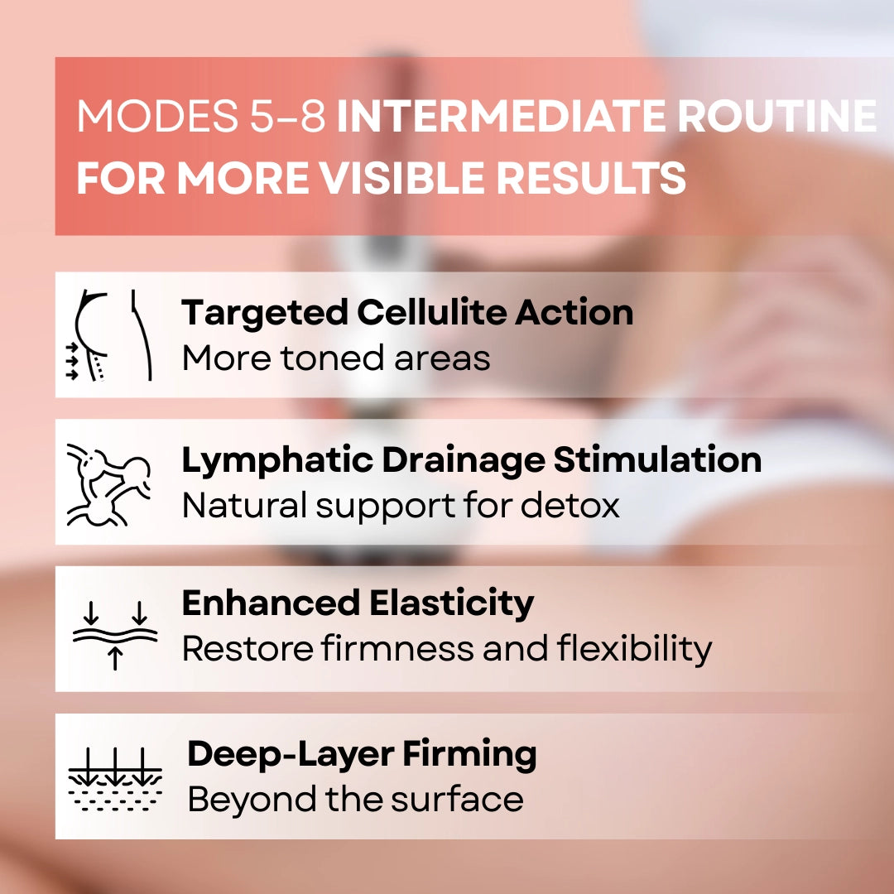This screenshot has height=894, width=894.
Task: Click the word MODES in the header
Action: [157, 117]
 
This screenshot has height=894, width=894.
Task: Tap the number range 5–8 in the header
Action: [288, 117]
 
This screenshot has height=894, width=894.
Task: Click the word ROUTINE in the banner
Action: [777, 117]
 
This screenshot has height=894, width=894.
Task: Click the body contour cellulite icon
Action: [110, 335]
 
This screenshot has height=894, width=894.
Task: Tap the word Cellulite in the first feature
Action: [431, 312]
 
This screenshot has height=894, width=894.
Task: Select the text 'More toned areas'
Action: [336, 358]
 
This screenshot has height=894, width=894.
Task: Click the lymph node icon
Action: [108, 484]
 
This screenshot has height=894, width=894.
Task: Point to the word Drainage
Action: [463, 460]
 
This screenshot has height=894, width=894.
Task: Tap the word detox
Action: [570, 506]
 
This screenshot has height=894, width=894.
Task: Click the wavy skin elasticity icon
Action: [114, 635]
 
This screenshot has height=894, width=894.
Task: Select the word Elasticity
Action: [452, 603]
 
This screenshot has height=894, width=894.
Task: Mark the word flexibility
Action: [635, 649]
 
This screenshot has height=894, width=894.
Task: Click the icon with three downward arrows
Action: [114, 779]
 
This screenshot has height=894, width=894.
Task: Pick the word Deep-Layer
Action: [291, 754]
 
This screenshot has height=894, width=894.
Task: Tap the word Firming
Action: [470, 754]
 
